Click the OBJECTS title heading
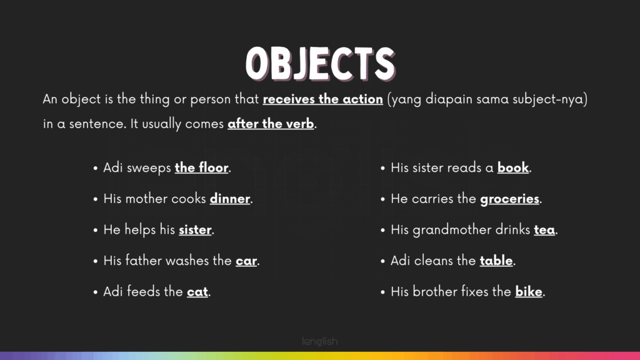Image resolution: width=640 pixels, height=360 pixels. pos(321,63)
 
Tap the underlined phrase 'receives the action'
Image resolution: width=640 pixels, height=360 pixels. pos(323,99)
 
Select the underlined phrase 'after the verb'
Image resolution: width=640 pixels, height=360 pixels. pos(271,124)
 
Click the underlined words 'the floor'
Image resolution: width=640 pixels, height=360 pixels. pos(202,167)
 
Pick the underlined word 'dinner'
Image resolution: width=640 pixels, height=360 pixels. pos(230,199)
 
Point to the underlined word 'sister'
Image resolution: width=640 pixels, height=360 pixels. pos(195,230)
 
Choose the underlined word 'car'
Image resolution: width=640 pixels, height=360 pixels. pos(246,261)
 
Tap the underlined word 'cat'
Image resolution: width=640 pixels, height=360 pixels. pos(197,292)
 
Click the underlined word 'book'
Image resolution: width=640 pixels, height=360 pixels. pos(513,167)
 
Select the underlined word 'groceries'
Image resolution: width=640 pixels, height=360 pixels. pos(510,199)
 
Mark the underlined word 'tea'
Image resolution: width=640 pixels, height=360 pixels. pos(544,230)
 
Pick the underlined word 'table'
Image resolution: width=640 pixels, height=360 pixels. pos(496,261)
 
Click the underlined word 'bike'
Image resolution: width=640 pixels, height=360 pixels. pos(529,292)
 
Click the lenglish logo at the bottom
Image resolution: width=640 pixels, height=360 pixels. pos(320,341)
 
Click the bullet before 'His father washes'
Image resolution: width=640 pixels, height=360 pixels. pos(96,261)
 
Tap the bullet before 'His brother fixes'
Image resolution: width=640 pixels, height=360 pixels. pos(383,292)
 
